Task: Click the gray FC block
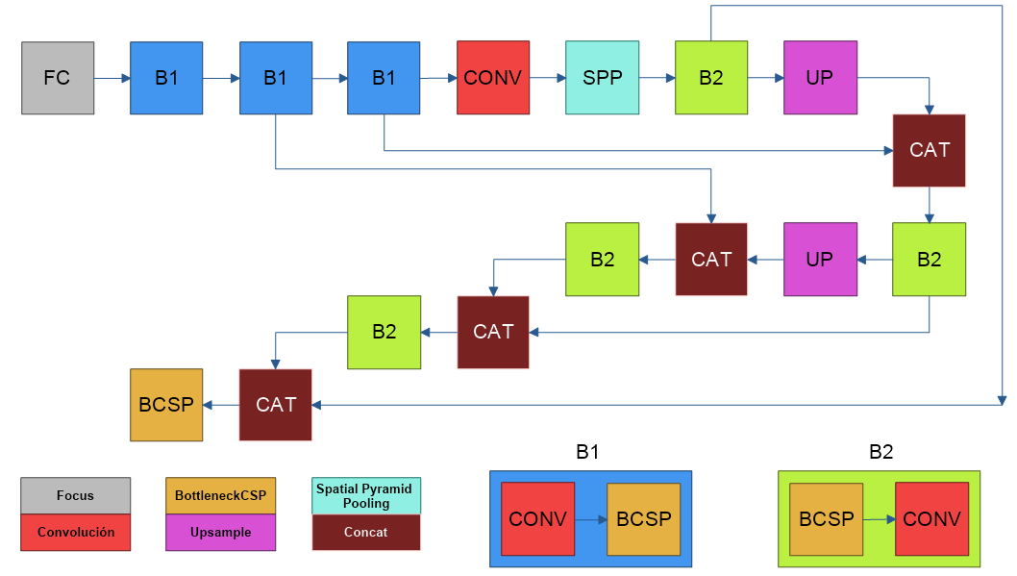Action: [58, 78]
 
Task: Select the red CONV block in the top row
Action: [493, 78]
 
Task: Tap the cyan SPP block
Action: [602, 78]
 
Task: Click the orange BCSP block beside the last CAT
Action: [166, 405]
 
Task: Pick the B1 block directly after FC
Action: [166, 78]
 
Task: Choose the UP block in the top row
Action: [820, 78]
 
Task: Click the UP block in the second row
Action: [820, 260]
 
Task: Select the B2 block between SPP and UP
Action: [711, 78]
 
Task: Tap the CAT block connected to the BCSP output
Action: [276, 405]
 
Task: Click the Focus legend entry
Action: [75, 495]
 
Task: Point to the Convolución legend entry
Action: [75, 532]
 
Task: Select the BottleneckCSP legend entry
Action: [220, 495]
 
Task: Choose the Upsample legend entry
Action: [220, 532]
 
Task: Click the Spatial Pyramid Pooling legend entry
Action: [366, 495]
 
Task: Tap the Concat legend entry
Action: [366, 532]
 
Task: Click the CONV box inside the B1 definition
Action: [537, 519]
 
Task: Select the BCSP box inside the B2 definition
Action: [827, 519]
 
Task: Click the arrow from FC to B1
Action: [112, 78]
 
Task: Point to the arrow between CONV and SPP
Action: [547, 78]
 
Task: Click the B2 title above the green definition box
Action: [881, 452]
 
